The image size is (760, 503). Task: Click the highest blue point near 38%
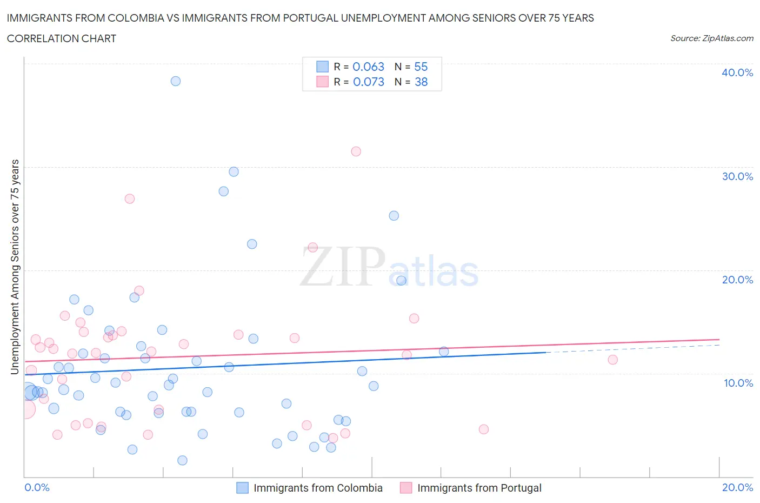176,81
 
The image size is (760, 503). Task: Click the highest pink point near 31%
356,151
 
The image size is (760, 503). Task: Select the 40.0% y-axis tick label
737,72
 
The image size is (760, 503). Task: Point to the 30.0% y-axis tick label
737,176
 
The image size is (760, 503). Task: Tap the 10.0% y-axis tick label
738,383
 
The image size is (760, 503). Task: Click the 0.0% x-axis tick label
37,487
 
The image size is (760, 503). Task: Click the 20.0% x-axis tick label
737,487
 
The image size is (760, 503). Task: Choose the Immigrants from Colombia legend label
318,488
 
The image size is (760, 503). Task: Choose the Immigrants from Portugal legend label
479,488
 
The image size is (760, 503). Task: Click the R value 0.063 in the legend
368,67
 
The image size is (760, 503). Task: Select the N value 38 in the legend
421,82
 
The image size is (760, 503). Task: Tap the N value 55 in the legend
421,67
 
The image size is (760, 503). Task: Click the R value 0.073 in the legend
368,82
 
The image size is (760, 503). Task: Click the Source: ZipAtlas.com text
711,38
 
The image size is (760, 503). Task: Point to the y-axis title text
15,267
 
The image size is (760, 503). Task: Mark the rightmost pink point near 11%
612,360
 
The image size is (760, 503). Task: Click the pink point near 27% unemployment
130,198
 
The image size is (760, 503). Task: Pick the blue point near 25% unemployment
394,216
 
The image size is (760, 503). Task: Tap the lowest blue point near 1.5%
183,460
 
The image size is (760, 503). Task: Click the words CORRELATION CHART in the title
62,38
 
